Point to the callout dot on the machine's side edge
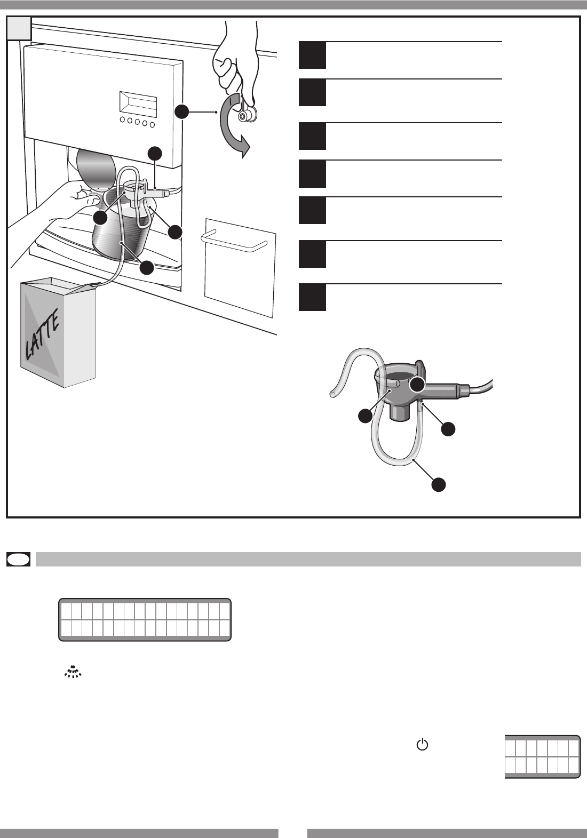point(182,112)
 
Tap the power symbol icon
point(422,744)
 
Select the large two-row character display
point(145,619)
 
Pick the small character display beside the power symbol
point(542,756)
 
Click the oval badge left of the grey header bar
point(19,559)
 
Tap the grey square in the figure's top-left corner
point(19,28)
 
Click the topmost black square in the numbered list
point(312,55)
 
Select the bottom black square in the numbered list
point(312,297)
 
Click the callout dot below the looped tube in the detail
point(439,484)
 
